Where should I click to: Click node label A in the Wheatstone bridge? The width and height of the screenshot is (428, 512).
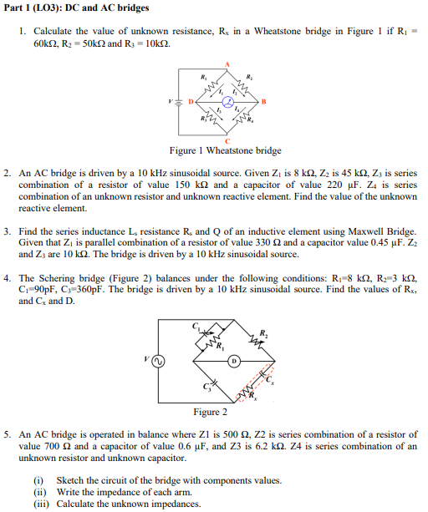[x=225, y=64]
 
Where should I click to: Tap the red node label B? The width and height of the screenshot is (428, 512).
[x=264, y=103]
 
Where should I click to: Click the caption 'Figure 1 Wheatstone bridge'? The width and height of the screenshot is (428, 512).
[x=225, y=151]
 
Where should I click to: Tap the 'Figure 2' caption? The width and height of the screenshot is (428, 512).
[x=210, y=412]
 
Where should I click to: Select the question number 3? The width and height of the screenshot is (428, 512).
[x=7, y=231]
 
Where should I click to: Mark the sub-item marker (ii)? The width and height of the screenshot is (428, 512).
[x=38, y=492]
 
